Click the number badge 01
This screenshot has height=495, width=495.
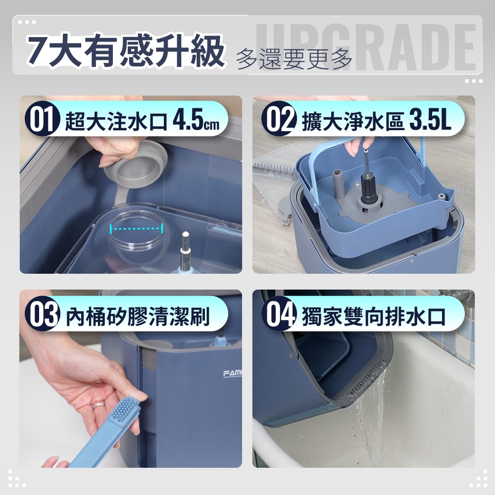point(42,119)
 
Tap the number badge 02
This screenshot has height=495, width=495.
point(279,119)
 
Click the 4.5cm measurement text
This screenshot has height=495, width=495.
point(196,121)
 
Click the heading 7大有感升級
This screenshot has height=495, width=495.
point(125,50)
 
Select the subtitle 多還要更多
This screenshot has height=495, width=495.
point(294,59)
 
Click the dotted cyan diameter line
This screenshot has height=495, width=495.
point(137,228)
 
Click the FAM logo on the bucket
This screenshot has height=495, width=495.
point(232,374)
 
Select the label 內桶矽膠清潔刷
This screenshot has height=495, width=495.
point(138,316)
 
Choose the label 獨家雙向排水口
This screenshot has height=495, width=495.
point(374,316)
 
